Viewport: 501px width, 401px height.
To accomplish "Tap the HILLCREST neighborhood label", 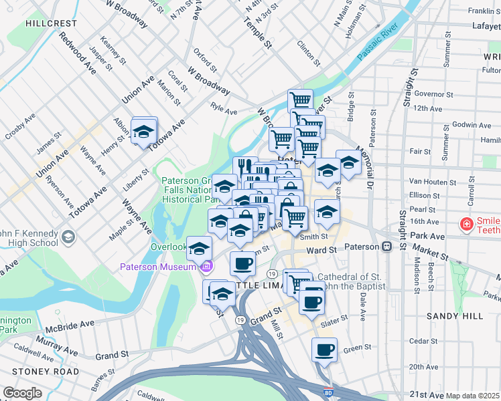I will (51, 23).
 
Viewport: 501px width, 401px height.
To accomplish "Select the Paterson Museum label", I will (158, 267).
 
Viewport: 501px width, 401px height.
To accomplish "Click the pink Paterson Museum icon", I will (206, 267).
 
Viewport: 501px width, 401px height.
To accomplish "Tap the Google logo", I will (22, 393).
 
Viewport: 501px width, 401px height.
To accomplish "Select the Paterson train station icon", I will (386, 247).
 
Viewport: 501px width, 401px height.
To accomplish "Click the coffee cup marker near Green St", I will (325, 350).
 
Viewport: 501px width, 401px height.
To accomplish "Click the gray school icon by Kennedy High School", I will (68, 237).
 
